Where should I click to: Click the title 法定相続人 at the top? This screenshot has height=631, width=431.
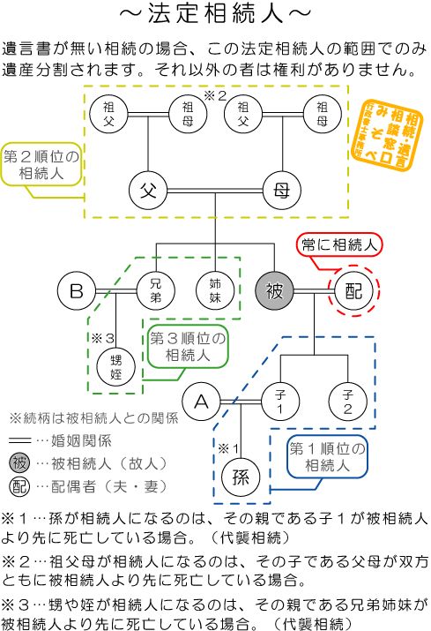point(215,15)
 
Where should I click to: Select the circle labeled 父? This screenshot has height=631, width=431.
point(149,188)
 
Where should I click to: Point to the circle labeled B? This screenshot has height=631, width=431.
point(78,289)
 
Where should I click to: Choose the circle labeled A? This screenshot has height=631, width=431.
point(203,402)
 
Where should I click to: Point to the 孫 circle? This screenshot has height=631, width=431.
point(241,477)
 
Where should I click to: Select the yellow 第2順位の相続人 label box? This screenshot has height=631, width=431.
point(41,166)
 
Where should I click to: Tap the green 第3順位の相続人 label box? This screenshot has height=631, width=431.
point(186,348)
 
